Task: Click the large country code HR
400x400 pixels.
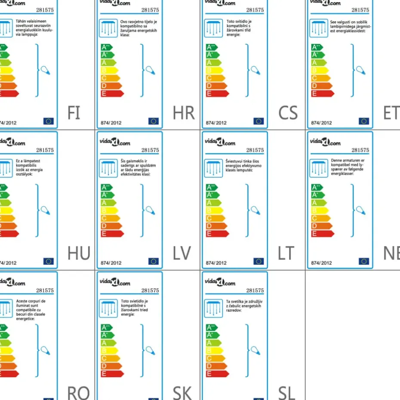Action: click(x=184, y=113)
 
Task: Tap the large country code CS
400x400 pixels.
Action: click(x=288, y=113)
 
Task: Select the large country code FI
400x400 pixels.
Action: click(x=74, y=113)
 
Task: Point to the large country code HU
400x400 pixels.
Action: click(x=79, y=253)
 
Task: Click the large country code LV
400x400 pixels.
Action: click(x=182, y=253)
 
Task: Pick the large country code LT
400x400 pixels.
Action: click(x=286, y=253)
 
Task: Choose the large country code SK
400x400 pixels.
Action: click(x=182, y=393)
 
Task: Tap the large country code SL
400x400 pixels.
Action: click(x=286, y=393)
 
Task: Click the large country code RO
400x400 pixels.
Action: click(x=78, y=393)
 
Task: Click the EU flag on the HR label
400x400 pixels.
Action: click(x=154, y=121)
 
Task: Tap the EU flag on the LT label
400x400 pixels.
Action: click(x=258, y=261)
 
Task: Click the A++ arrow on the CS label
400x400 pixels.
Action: click(x=212, y=47)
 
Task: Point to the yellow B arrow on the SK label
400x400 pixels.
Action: click(x=109, y=351)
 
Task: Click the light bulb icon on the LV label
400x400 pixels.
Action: click(x=150, y=210)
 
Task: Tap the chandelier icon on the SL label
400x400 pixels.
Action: click(x=214, y=308)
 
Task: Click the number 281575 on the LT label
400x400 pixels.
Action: click(x=255, y=150)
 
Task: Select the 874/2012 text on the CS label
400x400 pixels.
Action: click(x=216, y=123)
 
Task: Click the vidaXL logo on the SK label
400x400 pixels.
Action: click(x=115, y=283)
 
